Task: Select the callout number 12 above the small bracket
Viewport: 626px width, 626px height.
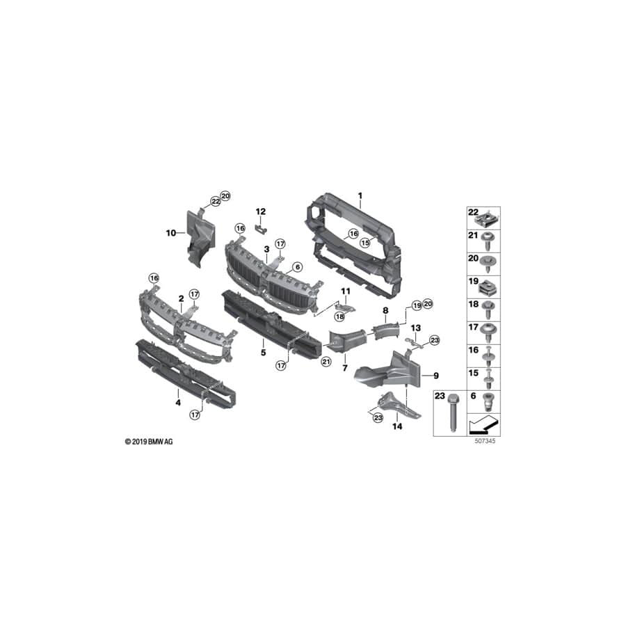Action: tap(261, 211)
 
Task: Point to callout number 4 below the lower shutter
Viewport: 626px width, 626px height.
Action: tap(177, 402)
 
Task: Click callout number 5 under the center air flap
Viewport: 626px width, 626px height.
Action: tap(263, 352)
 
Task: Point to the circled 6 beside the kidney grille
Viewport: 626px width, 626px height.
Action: tap(297, 266)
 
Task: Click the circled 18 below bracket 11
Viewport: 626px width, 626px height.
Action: tap(340, 316)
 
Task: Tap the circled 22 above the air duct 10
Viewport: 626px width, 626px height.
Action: tap(215, 201)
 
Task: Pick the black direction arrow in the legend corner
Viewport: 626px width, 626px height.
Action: tap(485, 424)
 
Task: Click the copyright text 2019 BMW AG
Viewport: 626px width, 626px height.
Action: tap(149, 442)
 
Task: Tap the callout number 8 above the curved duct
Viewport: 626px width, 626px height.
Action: tap(384, 310)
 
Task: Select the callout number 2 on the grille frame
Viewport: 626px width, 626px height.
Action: tap(181, 298)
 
